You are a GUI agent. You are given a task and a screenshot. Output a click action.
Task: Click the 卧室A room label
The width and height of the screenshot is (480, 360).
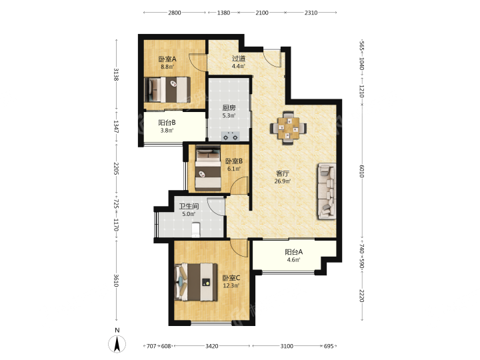pyautogui.click(x=167, y=59)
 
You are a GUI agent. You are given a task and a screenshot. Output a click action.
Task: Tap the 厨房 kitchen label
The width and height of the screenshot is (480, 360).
pyautogui.click(x=229, y=108)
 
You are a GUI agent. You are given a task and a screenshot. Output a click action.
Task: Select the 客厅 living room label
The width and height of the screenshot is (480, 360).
pyautogui.click(x=282, y=173)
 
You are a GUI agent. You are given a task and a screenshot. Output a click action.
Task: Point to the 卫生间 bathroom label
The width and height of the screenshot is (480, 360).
pyautogui.click(x=189, y=206)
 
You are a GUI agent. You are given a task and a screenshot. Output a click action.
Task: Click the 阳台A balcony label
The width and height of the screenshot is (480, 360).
pyautogui.click(x=293, y=252)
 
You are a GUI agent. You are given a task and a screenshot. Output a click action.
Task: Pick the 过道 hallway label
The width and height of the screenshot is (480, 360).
pyautogui.click(x=238, y=58)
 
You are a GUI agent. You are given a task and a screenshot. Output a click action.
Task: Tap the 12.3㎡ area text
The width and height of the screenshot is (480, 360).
pyautogui.click(x=231, y=285)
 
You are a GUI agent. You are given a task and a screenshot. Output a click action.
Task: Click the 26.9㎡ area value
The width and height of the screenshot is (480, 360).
pyautogui.click(x=283, y=181)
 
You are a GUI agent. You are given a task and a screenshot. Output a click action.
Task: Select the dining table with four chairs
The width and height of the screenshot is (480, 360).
pyautogui.click(x=288, y=127)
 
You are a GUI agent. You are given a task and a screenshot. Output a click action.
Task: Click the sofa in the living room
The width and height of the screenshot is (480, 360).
pyautogui.click(x=327, y=191)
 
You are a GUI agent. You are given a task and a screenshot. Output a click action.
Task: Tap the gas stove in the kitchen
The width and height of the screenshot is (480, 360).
pyautogui.click(x=230, y=137)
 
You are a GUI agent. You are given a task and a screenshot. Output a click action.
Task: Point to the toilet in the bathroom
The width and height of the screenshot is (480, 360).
pyautogui.click(x=195, y=229)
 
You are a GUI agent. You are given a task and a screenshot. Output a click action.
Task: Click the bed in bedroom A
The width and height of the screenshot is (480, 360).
pyautogui.click(x=167, y=90)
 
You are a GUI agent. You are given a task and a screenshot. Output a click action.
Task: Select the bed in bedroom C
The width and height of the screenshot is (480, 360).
pyautogui.click(x=196, y=282)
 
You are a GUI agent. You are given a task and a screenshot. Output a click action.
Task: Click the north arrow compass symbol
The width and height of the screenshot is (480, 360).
pyautogui.click(x=117, y=343)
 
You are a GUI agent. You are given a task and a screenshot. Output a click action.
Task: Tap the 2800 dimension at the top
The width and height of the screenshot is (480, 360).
pyautogui.click(x=175, y=13)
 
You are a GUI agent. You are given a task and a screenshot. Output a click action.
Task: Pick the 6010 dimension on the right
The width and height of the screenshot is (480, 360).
pyautogui.click(x=361, y=171)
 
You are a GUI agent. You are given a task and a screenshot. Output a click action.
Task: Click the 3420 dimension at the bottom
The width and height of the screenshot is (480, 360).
pyautogui.click(x=212, y=346)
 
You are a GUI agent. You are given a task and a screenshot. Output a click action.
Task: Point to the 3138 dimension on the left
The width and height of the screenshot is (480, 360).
pyautogui.click(x=116, y=75)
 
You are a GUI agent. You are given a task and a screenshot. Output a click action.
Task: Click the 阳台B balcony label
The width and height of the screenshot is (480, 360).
pyautogui.click(x=167, y=123)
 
